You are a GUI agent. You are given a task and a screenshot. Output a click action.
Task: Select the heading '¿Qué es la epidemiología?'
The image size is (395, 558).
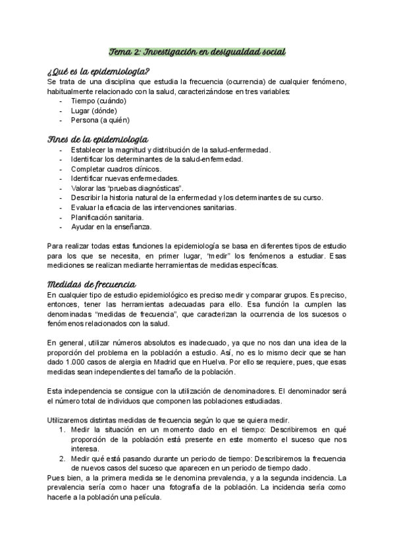(x=99, y=71)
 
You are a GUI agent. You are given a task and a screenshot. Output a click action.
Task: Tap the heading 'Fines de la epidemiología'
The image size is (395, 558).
(x=98, y=139)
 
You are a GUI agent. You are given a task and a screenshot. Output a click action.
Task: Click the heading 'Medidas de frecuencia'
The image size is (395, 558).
(x=92, y=284)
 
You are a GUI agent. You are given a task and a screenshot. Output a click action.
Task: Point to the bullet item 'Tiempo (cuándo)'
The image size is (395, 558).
(x=98, y=101)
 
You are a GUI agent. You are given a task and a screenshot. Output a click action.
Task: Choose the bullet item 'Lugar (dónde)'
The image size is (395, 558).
(x=93, y=111)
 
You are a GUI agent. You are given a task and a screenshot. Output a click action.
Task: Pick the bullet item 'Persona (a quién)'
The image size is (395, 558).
(x=100, y=120)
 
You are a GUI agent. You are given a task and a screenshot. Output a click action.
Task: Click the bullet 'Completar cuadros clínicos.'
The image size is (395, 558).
(x=116, y=168)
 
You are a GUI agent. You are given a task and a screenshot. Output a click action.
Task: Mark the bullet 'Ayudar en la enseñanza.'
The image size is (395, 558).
(x=111, y=227)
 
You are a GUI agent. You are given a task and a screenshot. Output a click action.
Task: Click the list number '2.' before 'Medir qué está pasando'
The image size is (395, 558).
(x=61, y=459)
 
